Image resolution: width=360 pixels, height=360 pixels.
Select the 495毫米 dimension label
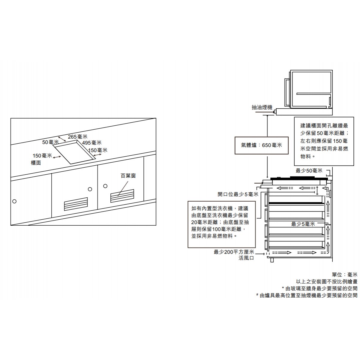tap(92, 143)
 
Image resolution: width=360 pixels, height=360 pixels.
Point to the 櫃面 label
tap(36, 163)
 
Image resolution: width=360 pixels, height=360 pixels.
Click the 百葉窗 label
tap(128, 176)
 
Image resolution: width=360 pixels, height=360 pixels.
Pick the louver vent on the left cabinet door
tap(76, 204)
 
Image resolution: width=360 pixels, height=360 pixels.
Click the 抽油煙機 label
tap(262, 107)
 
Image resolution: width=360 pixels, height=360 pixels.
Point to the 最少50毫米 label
tap(309, 171)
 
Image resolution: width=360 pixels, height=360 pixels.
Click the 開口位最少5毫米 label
tap(238, 194)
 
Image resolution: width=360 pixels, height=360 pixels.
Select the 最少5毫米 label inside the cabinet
tap(303, 224)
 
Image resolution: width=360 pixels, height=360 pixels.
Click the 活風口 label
tap(246, 258)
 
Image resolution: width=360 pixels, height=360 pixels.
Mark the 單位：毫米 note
tap(345, 274)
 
